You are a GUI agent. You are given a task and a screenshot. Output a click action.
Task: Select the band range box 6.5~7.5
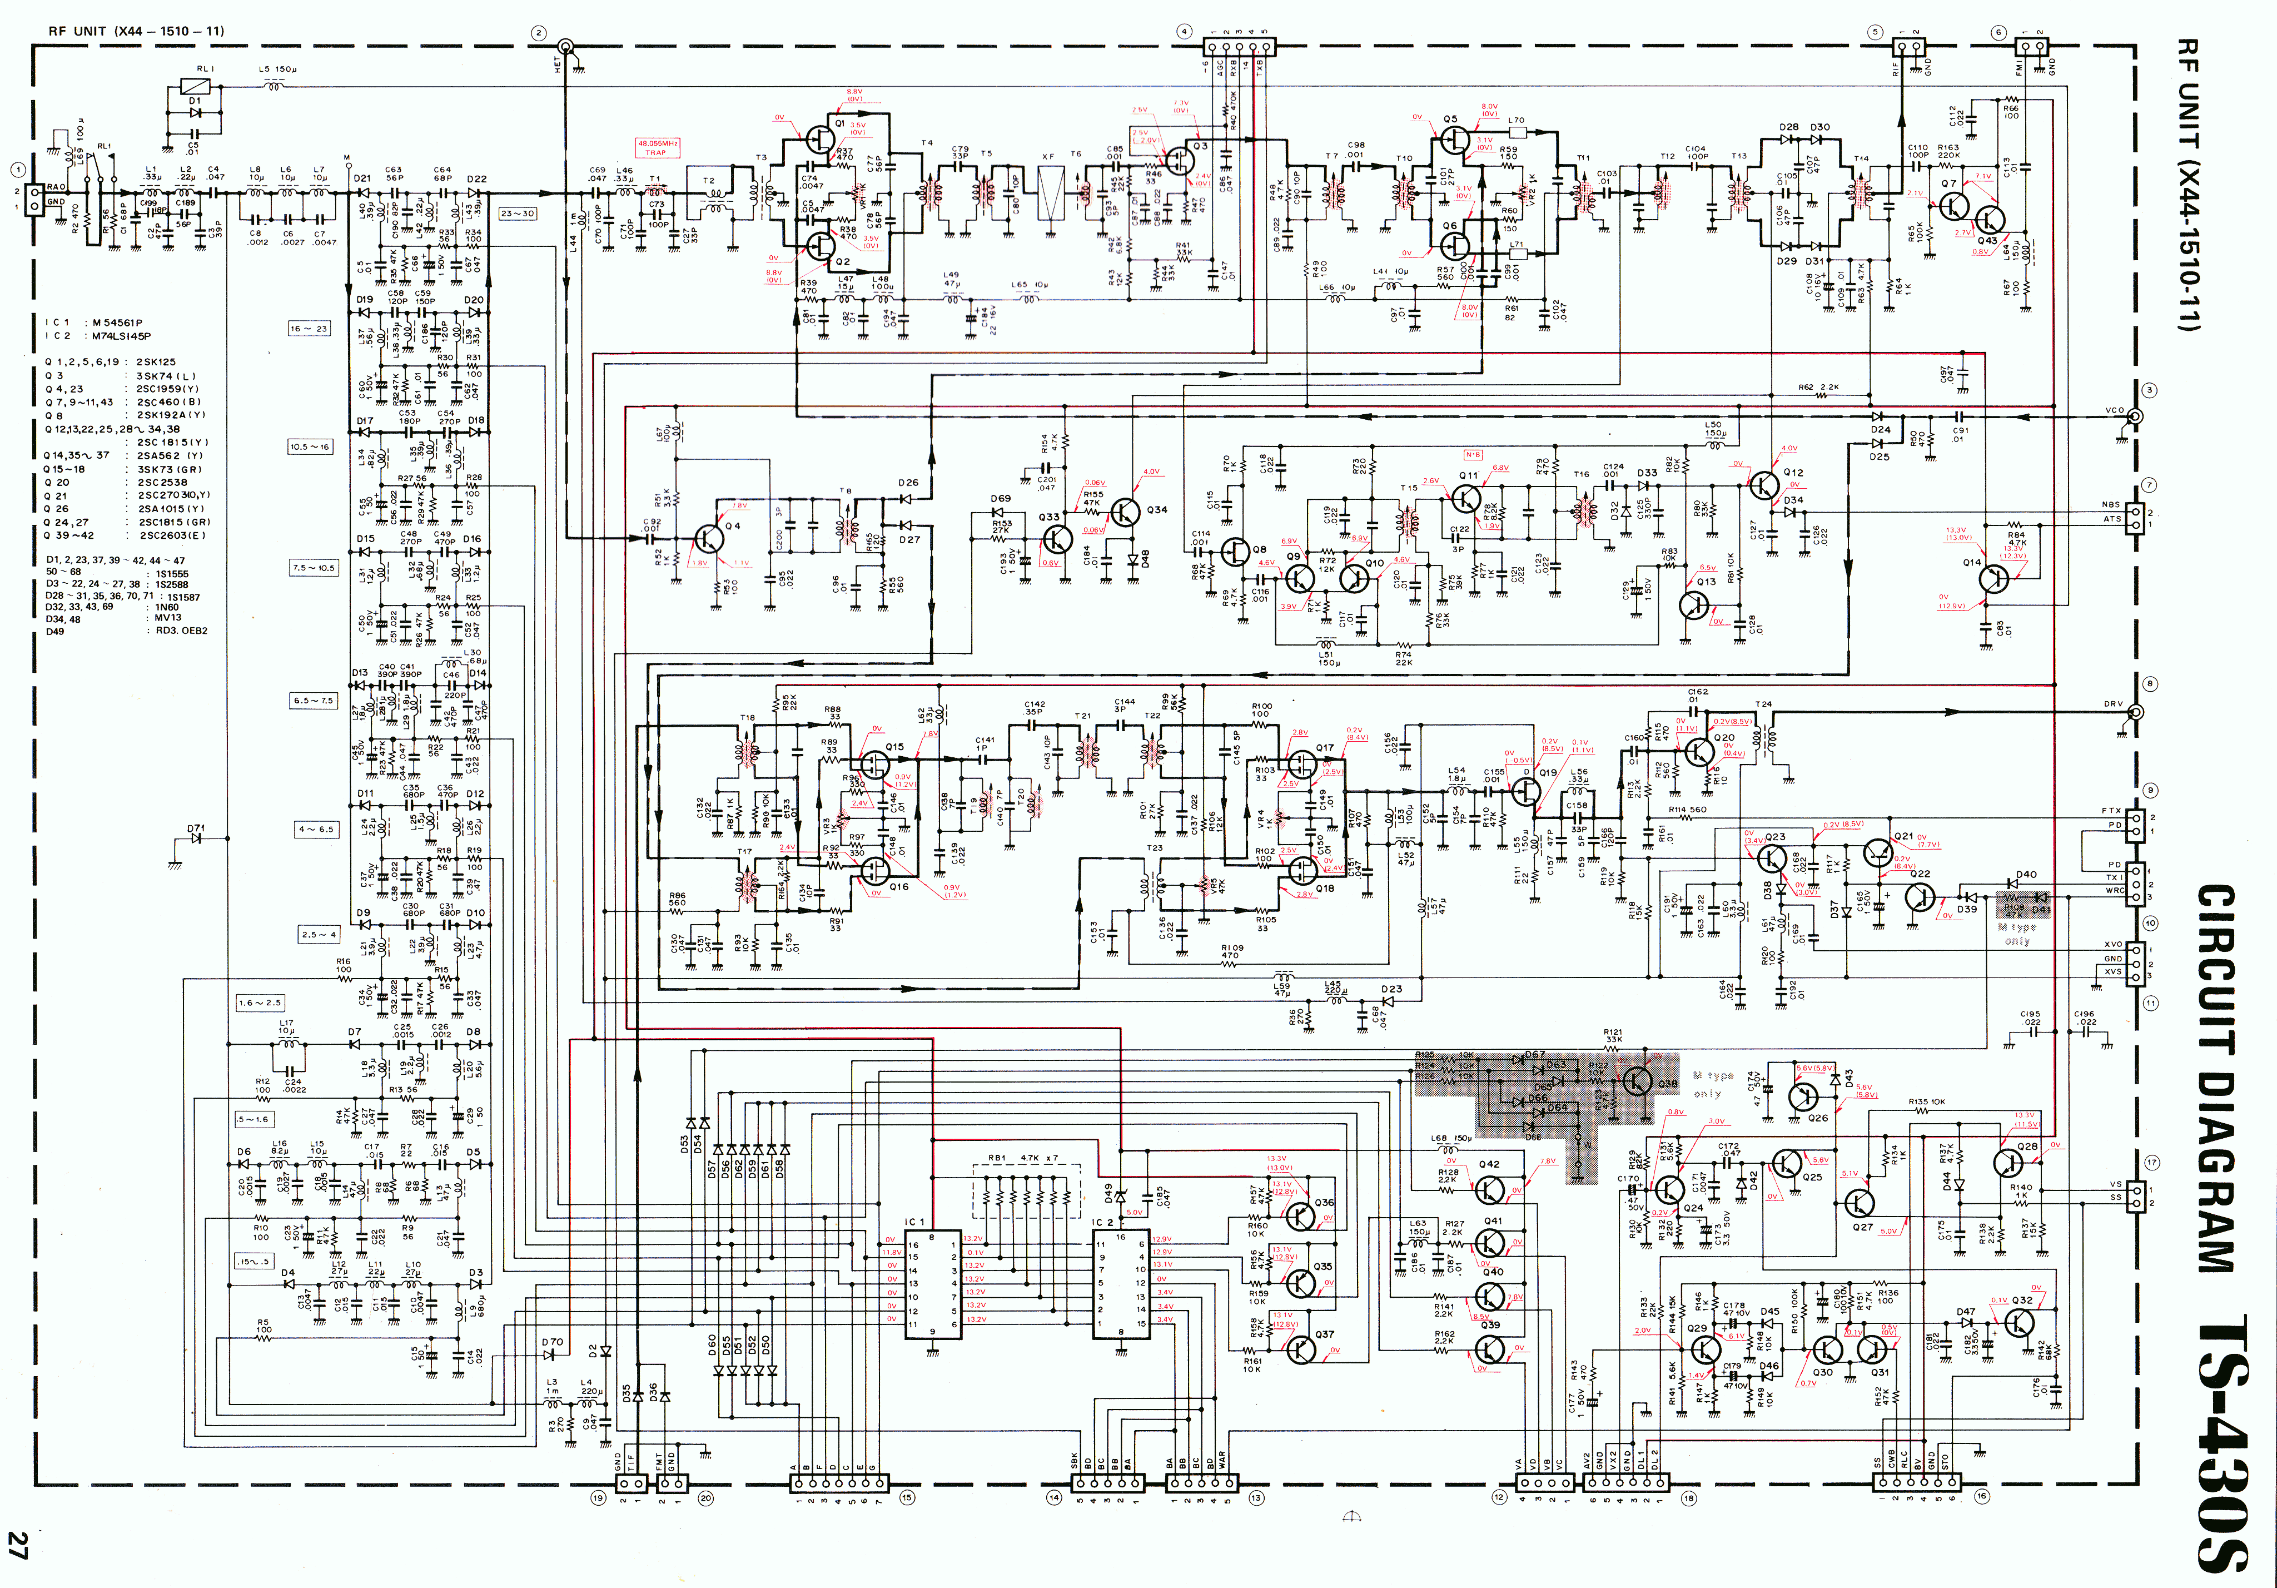[x=314, y=700]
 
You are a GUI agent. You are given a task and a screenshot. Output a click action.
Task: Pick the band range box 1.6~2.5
[x=259, y=1003]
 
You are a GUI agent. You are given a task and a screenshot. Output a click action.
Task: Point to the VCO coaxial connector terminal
[x=2135, y=416]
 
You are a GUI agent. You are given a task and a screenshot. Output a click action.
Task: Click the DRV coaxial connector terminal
[x=2135, y=712]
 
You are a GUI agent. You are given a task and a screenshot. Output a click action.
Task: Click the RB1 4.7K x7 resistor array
[x=1026, y=1190]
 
